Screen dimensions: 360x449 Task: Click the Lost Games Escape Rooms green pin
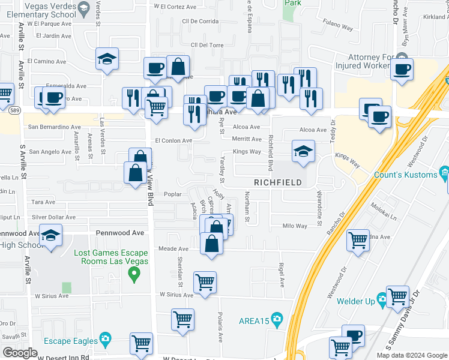tap(134, 275)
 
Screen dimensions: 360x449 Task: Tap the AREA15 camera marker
tap(276, 318)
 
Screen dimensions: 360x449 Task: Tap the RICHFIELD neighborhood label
tap(276, 182)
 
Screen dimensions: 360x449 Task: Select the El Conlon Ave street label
tap(173, 140)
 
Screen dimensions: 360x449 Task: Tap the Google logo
tap(20, 353)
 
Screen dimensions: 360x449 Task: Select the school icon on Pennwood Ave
tap(51, 236)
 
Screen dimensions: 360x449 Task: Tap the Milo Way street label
tap(295, 226)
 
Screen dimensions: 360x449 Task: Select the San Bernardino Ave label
tap(55, 127)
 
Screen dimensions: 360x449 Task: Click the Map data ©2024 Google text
tap(411, 355)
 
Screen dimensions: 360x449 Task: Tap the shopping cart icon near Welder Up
tap(397, 296)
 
